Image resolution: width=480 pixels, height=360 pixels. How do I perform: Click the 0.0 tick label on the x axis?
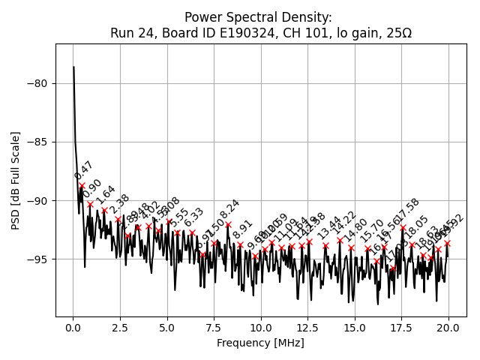(73, 328)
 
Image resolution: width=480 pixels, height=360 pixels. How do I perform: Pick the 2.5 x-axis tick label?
(120, 328)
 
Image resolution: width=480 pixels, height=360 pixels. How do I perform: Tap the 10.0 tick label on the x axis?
(261, 328)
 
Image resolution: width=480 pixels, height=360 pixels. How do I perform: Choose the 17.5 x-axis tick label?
(402, 328)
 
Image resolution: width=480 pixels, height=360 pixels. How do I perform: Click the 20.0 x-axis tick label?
(448, 328)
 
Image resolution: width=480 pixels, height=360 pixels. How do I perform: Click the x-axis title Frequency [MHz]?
(260, 343)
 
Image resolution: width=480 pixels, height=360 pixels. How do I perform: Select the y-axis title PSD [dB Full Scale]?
(16, 180)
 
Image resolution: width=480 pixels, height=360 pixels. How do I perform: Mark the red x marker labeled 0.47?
(82, 185)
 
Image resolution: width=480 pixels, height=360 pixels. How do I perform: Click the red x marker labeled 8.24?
(228, 224)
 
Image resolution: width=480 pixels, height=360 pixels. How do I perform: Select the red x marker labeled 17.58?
(403, 227)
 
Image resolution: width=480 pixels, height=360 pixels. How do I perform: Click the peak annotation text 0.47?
(83, 171)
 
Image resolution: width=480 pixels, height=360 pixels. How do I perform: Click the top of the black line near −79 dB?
(73, 67)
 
